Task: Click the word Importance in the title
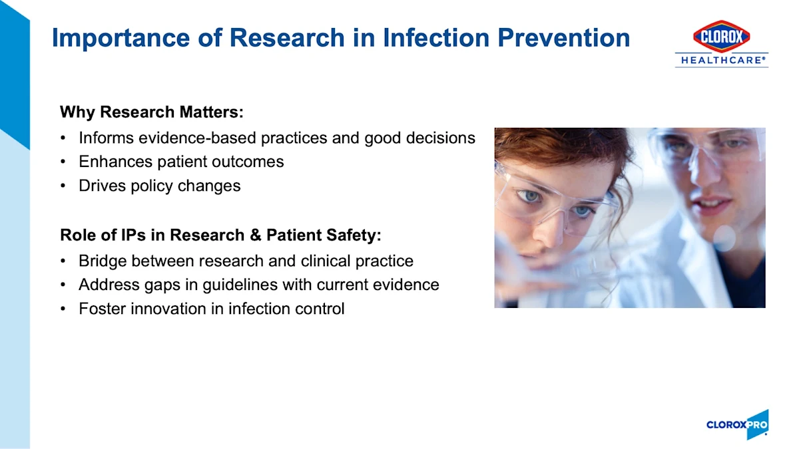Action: click(x=121, y=38)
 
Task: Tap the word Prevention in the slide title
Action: click(x=563, y=37)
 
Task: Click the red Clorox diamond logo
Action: click(x=721, y=36)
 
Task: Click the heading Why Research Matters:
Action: click(x=152, y=112)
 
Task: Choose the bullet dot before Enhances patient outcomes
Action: click(x=63, y=162)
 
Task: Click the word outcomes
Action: click(x=248, y=162)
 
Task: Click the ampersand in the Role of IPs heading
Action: click(x=256, y=235)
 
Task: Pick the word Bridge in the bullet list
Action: click(x=103, y=261)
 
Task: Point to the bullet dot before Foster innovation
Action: click(x=63, y=309)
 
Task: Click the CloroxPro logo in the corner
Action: click(x=737, y=424)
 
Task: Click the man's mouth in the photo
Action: click(x=710, y=205)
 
